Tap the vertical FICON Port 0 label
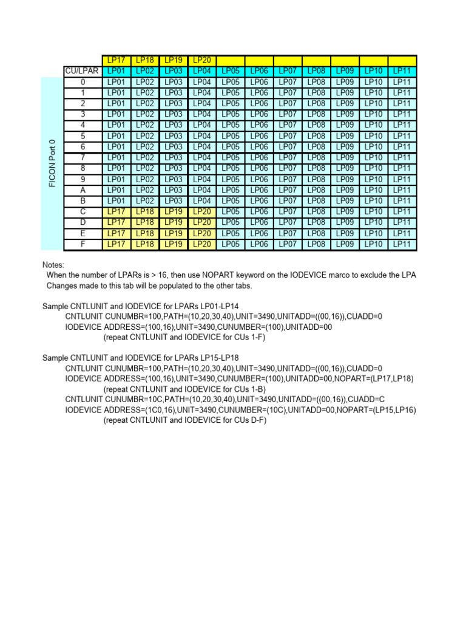[x=52, y=163]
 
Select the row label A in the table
[x=83, y=190]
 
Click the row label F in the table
[x=83, y=244]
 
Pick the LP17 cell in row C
[x=116, y=211]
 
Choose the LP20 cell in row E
[x=202, y=233]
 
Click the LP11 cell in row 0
[x=402, y=82]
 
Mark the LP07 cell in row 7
[x=288, y=158]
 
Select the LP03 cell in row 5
[x=174, y=136]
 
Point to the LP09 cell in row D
[x=345, y=222]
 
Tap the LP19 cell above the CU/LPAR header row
[x=174, y=61]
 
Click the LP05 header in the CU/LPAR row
[x=231, y=71]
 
